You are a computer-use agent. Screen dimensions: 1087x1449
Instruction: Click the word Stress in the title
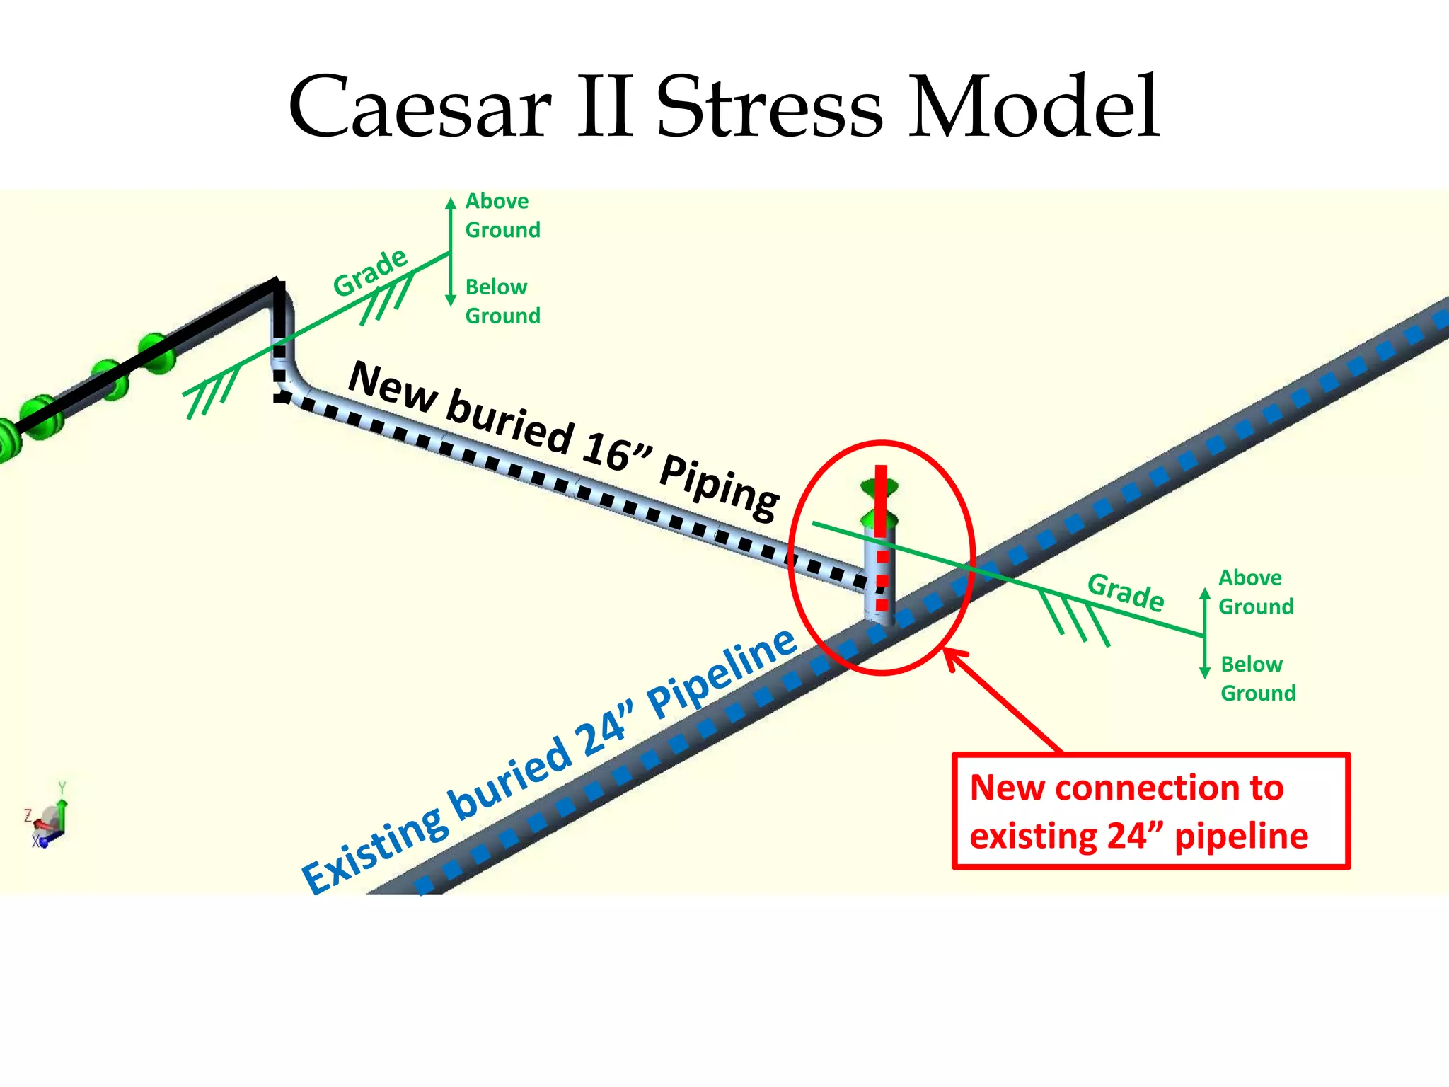770,108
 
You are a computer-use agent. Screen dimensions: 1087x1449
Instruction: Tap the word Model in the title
1034,108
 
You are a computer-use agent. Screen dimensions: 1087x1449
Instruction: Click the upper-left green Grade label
371,272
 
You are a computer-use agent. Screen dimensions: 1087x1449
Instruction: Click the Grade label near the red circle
1126,592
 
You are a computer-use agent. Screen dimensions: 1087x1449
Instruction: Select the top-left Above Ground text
502,215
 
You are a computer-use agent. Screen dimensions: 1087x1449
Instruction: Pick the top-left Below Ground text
502,301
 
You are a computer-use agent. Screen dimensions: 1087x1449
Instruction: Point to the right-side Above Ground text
1255,592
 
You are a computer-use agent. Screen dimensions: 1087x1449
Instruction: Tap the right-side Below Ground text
1257,678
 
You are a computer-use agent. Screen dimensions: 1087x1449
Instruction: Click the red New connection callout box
1150,811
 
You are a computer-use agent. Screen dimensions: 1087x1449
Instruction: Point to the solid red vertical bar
881,499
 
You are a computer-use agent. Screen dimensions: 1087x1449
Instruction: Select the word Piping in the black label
719,488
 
